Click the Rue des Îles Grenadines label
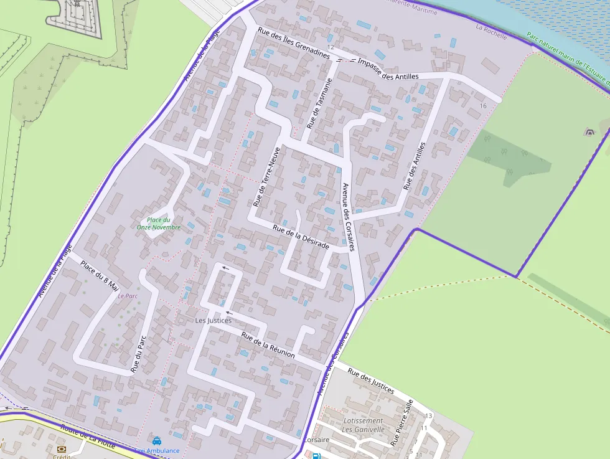pos(293,42)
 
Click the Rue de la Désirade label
pos(301,237)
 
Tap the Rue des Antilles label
pos(415,166)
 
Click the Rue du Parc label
pos(138,354)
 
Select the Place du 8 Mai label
pos(100,275)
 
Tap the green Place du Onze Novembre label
pos(159,224)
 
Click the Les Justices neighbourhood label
pos(213,321)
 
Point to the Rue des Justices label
pos(371,381)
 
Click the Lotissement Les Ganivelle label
pos(363,425)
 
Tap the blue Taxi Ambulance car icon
pos(157,441)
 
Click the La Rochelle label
pos(491,32)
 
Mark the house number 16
pos(483,106)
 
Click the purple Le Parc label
pos(128,296)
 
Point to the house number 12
pos(331,47)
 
